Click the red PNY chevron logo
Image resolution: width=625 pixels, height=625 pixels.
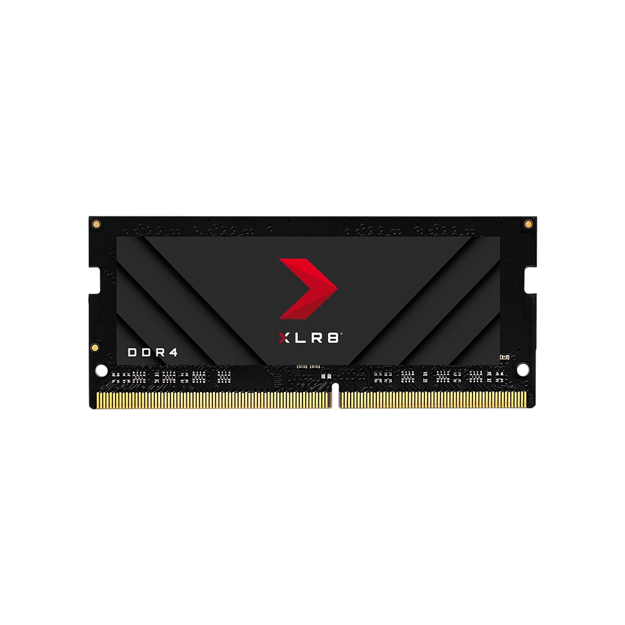308,289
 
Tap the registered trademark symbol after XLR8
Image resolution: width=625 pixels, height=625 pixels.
341,334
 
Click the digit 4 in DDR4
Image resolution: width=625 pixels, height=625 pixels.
173,352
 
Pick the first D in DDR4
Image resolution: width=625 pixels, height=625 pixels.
132,352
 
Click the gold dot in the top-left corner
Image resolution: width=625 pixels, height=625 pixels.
96,224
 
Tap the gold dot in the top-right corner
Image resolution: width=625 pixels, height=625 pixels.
527,224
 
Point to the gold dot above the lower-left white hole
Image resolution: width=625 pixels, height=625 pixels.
95,347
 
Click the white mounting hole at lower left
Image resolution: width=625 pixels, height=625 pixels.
102,370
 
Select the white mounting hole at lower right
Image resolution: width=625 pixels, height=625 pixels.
522,370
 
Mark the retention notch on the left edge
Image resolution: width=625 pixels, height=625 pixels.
94,281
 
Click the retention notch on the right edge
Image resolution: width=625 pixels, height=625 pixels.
531,281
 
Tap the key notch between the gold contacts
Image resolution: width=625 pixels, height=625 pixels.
335,395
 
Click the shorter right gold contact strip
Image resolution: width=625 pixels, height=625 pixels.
432,399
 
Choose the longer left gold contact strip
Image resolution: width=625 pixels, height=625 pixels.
214,399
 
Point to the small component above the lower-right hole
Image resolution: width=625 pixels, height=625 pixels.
504,357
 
